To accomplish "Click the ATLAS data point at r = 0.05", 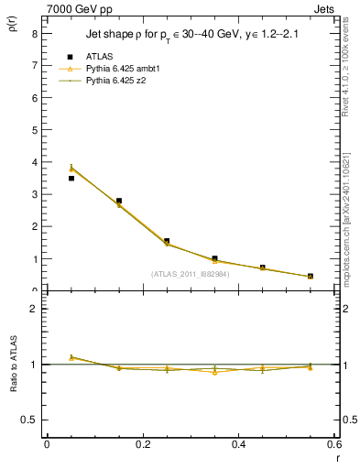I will pyautogui.click(x=71, y=178).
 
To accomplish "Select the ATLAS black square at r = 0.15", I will pyautogui.click(x=119, y=201).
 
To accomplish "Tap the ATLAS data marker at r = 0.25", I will pyautogui.click(x=167, y=241).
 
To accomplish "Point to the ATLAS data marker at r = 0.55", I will pyautogui.click(x=311, y=276).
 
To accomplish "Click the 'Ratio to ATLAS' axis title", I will pyautogui.click(x=12, y=365).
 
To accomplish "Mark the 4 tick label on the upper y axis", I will pyautogui.click(x=33, y=162).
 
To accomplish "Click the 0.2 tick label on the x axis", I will pyautogui.click(x=142, y=445).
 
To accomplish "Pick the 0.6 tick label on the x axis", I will pyautogui.click(x=333, y=445).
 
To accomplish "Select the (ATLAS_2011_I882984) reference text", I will pyautogui.click(x=190, y=273).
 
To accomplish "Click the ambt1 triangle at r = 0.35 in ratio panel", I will pyautogui.click(x=214, y=372).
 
